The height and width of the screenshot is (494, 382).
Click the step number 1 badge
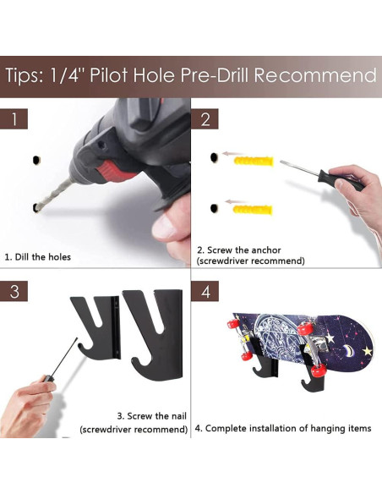14,118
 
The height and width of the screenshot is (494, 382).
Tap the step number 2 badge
205,118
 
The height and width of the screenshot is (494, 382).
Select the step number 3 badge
14,292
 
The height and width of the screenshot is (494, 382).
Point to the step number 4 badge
205,292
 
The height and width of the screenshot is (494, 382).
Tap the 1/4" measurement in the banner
65,75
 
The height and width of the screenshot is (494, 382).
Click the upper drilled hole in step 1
36,160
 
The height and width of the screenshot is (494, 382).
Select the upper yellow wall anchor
254,162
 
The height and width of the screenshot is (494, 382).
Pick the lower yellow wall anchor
253,209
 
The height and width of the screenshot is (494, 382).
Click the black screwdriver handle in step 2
340,179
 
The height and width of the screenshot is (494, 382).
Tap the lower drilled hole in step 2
214,208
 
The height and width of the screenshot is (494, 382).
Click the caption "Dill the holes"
38,257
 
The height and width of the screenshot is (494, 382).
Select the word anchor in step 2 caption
266,250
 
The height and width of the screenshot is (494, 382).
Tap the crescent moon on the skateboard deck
348,349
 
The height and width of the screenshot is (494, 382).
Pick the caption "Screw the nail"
152,416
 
